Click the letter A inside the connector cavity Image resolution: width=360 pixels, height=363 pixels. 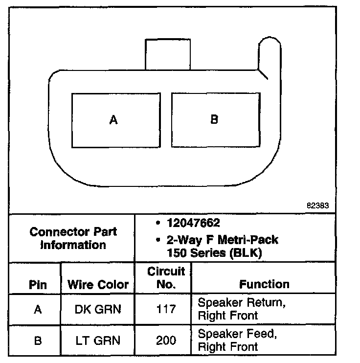(113, 120)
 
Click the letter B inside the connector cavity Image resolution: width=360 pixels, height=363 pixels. (214, 119)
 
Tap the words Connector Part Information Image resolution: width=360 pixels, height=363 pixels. (73, 238)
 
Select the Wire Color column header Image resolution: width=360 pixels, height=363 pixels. (98, 284)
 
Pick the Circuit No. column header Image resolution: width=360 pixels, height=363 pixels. (166, 278)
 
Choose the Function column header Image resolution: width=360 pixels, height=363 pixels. (264, 284)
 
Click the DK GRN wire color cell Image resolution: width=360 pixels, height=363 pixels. (98, 309)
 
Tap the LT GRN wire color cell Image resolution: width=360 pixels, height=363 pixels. (98, 340)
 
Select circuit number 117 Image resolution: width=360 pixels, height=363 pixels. (166, 309)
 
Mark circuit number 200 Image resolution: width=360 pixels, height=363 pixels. (166, 340)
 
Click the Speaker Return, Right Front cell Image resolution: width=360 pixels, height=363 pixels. (242, 309)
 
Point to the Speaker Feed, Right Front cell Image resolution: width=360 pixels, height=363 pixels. (238, 340)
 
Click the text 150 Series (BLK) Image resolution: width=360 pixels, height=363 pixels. (215, 252)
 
